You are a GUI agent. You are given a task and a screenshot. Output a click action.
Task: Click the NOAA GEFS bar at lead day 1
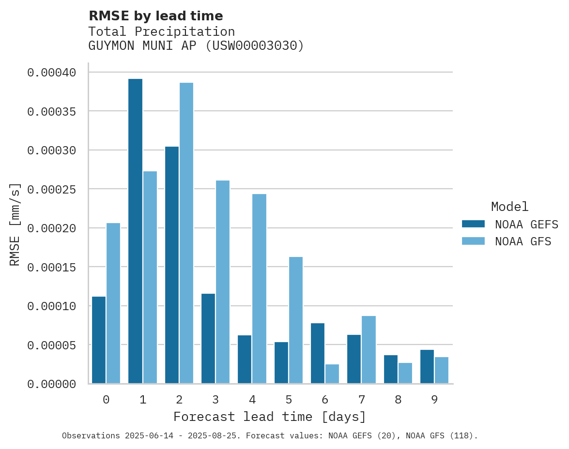(135, 231)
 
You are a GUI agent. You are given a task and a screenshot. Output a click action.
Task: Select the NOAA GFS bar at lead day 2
(186, 233)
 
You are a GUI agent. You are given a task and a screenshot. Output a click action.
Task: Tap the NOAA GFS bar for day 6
(332, 374)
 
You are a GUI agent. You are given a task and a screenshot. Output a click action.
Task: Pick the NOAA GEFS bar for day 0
(99, 340)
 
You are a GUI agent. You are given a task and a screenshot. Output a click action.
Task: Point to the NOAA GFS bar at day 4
(259, 289)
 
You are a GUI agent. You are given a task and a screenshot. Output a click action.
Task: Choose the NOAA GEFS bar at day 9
(427, 367)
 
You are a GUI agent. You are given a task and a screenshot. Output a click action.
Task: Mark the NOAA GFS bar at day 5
(296, 320)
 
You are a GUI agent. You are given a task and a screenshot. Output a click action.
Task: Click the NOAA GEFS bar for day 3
(208, 339)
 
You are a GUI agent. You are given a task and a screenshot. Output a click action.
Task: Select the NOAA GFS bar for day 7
(369, 350)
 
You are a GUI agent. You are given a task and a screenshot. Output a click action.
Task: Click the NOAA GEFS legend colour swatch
(473, 224)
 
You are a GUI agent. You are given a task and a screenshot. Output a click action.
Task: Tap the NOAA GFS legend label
(523, 241)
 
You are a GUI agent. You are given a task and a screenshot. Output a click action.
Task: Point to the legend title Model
(509, 207)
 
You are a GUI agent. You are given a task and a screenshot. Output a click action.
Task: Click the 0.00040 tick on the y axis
(52, 73)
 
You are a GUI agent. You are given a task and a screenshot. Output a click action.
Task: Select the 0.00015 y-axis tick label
(52, 267)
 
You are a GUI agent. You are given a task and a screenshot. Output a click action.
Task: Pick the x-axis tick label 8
(398, 400)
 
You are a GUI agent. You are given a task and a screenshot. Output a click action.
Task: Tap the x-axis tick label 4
(252, 400)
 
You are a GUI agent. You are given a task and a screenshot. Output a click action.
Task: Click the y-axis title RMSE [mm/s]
(15, 224)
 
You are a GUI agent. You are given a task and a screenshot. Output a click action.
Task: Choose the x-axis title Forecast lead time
(270, 417)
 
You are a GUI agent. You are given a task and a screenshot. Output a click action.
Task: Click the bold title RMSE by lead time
(156, 16)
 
